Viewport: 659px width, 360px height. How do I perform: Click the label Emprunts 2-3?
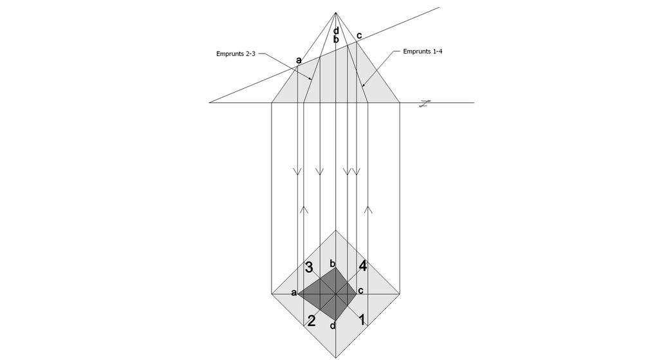click(236, 54)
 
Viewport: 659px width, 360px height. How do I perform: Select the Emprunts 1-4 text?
click(422, 52)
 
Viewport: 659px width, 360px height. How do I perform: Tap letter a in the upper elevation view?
click(299, 60)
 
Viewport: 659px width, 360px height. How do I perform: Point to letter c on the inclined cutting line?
click(359, 36)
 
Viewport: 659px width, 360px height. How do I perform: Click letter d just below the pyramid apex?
click(336, 31)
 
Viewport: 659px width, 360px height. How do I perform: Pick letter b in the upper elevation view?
click(336, 39)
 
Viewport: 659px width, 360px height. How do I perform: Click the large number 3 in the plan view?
click(309, 267)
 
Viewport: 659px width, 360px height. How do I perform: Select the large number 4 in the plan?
click(362, 266)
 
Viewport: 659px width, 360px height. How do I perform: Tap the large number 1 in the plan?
click(362, 319)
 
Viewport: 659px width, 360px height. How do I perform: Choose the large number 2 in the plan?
click(311, 321)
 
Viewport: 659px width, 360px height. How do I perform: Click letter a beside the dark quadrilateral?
click(293, 293)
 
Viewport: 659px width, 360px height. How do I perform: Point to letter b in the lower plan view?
click(333, 263)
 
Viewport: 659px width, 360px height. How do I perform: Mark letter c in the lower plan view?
click(360, 290)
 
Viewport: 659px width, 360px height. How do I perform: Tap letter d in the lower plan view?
click(333, 325)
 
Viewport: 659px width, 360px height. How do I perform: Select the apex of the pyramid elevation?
click(335, 13)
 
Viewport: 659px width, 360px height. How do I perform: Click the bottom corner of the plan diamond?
click(335, 358)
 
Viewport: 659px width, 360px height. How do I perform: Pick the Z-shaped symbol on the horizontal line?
click(425, 104)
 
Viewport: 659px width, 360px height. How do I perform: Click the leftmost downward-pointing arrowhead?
click(297, 171)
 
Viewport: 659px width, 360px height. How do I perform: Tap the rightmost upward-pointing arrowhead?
click(368, 209)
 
